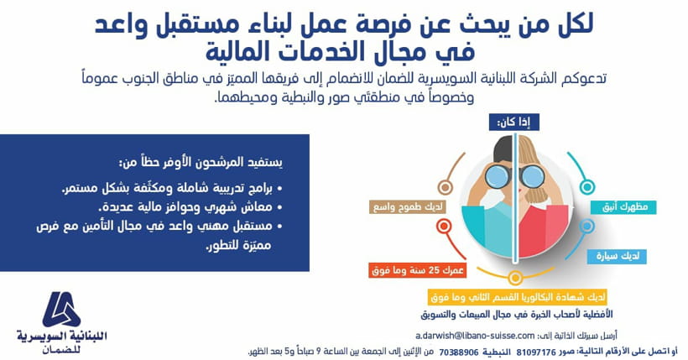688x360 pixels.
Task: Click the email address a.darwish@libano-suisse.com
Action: [475, 336]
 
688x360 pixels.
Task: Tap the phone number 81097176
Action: [536, 352]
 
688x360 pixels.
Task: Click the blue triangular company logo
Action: [61, 309]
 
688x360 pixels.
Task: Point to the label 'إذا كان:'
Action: [513, 122]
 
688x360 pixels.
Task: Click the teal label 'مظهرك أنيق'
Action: [623, 206]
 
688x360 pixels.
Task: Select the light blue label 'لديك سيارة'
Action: [617, 257]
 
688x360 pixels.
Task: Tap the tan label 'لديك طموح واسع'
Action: [408, 206]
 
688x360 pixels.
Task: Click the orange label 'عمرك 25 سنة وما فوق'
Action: [417, 270]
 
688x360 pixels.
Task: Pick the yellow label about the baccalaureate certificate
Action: [518, 297]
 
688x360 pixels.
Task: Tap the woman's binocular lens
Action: [532, 176]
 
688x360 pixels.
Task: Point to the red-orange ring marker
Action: [444, 227]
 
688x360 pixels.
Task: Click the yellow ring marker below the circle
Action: [514, 278]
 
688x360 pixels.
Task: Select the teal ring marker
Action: [586, 187]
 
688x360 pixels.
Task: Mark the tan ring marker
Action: [445, 187]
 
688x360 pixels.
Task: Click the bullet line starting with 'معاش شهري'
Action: [190, 206]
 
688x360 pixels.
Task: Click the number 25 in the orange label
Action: [434, 270]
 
